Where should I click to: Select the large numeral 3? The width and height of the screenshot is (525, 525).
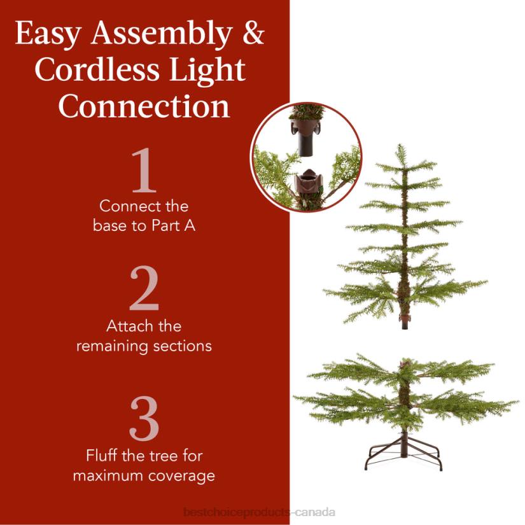coord(144,419)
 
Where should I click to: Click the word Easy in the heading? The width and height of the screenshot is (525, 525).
coord(50,34)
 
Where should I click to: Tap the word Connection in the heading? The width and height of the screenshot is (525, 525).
coord(144,106)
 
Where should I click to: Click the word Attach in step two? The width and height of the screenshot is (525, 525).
coord(128,326)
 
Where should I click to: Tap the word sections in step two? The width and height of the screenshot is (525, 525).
coord(185,346)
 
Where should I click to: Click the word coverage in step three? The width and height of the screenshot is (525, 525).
coord(185,476)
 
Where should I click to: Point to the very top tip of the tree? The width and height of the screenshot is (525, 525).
coord(400,146)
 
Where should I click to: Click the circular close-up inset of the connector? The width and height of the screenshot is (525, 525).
coord(306,157)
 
